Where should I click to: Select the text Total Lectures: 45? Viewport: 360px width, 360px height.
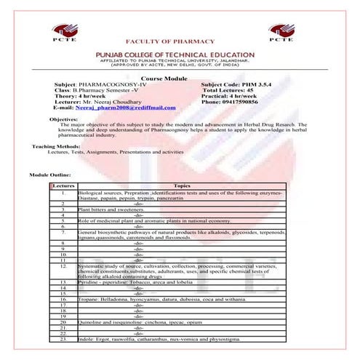(x=231, y=90)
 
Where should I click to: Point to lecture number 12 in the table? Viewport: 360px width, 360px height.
(x=64, y=267)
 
